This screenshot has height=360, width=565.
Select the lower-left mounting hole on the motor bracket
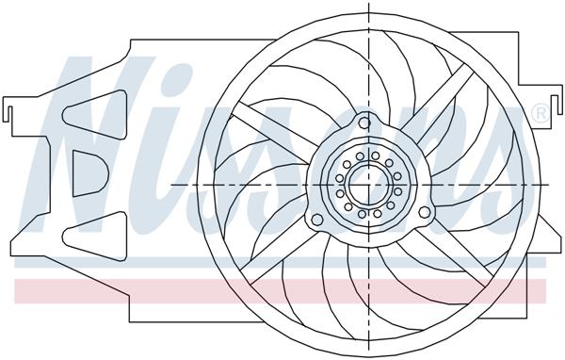point(317,220)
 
